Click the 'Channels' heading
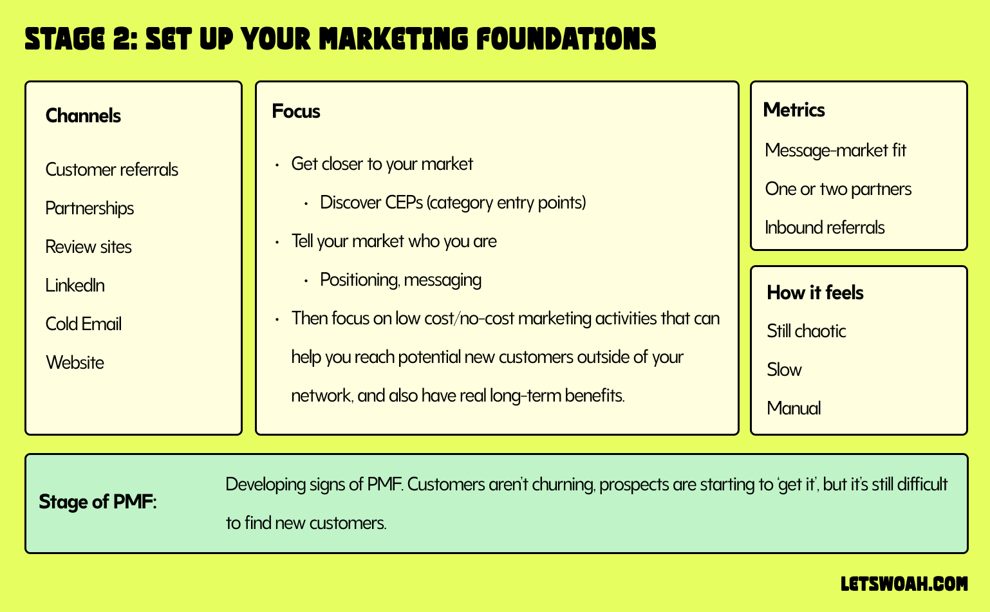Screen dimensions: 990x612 click(83, 116)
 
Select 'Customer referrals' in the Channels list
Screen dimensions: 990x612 click(111, 170)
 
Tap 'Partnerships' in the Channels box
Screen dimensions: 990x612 click(89, 209)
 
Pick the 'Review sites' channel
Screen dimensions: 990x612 click(88, 247)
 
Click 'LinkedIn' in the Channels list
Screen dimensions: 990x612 click(75, 286)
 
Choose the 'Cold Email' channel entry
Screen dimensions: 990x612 click(83, 324)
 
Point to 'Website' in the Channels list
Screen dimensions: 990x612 click(75, 363)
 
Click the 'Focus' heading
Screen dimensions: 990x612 click(295, 111)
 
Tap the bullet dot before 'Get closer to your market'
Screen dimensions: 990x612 click(277, 165)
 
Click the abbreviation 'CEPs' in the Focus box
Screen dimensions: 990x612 click(404, 203)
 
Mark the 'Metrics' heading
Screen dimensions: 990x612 click(794, 110)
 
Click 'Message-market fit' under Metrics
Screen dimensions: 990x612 click(835, 151)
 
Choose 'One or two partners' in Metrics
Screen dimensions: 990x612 click(838, 189)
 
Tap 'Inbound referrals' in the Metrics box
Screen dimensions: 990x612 click(825, 228)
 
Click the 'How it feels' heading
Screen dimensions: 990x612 click(815, 293)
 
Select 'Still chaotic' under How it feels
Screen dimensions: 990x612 click(806, 331)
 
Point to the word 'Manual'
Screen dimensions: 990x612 click(794, 409)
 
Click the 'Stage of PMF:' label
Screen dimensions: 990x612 click(97, 502)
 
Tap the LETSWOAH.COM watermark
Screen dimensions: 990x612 click(904, 584)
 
